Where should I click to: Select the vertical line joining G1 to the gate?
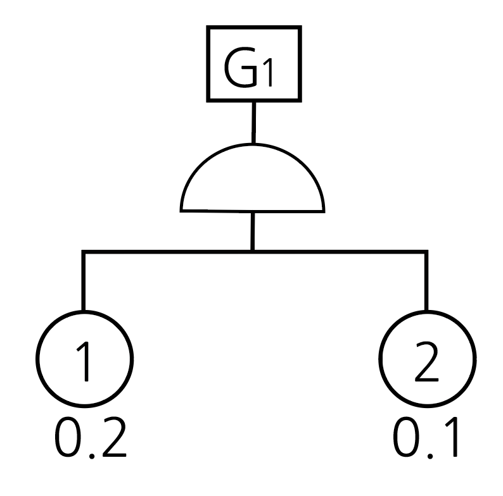[253, 121]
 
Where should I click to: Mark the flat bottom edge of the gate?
[253, 209]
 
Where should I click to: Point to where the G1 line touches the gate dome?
[253, 144]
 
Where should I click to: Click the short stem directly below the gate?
[253, 230]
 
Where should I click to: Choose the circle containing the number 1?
[84, 358]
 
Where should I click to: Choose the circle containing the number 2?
[426, 358]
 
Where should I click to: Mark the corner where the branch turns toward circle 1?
[83, 252]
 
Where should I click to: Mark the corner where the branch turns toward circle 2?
[426, 252]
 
